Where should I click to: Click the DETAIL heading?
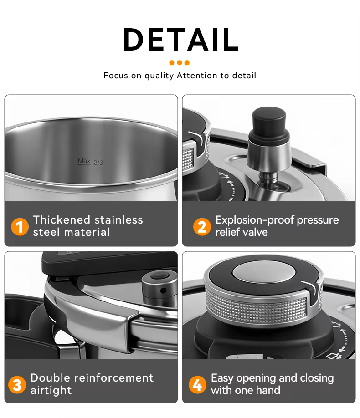pos(180,40)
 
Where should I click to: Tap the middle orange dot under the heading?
pos(180,63)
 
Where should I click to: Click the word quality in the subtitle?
pos(159,76)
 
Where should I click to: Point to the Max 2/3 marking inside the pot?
pos(90,162)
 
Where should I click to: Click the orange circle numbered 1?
pos(20,227)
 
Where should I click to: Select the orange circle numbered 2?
pos(202,227)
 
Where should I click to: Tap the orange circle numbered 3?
pos(17,385)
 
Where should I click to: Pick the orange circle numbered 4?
pos(197,385)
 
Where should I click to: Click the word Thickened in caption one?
pos(62,220)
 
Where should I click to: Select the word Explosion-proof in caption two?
pos(254,220)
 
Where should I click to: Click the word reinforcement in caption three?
pos(113,378)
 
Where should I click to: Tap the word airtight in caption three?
pos(51,390)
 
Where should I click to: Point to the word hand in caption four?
pos(268,390)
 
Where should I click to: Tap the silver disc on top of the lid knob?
pos(264,272)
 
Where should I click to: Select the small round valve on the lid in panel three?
pos(159,286)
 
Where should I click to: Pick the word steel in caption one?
pos(46,232)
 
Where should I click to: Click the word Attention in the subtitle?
pos(197,76)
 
